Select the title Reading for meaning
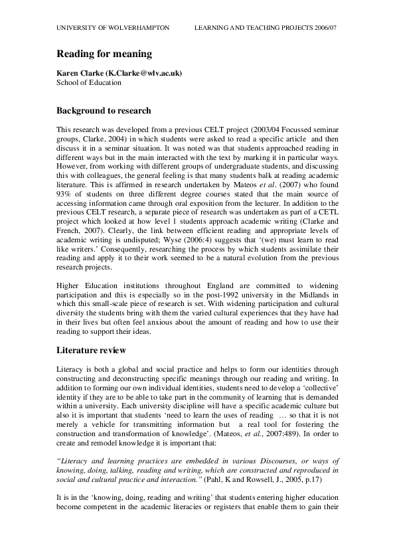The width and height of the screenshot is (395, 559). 104,54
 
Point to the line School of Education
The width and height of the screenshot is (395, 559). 89,82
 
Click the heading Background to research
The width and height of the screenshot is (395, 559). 103,110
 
